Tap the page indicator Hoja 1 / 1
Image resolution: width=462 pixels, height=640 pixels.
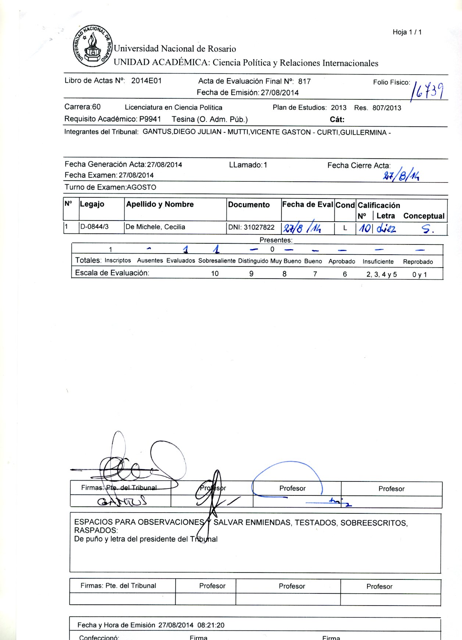(x=407, y=32)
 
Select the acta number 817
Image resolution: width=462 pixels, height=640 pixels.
(x=304, y=81)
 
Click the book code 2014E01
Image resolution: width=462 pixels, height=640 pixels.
(x=146, y=81)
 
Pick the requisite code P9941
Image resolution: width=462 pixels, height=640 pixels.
(x=150, y=119)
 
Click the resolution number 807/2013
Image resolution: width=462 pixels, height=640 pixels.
(x=387, y=108)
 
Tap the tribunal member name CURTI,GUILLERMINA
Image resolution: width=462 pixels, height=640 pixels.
(x=351, y=132)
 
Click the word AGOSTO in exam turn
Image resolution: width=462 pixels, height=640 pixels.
(x=142, y=188)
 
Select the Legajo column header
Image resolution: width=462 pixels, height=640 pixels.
(x=92, y=204)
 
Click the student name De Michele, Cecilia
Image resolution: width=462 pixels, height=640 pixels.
(x=155, y=227)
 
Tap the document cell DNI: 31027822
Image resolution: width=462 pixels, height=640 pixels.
(x=251, y=228)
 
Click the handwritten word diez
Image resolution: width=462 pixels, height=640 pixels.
(x=386, y=229)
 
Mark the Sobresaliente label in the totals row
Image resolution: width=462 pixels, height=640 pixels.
(x=217, y=261)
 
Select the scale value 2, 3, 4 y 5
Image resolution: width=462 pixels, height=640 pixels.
(x=382, y=274)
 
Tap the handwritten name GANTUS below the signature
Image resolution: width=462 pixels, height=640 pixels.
(x=122, y=501)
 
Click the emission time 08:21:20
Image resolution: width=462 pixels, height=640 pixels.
(x=211, y=625)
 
